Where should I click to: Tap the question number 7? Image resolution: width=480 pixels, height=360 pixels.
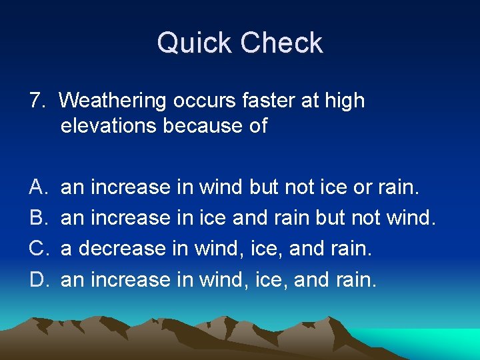pos(37,101)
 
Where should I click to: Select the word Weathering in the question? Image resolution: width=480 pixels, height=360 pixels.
pos(112,101)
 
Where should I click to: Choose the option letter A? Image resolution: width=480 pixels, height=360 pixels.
pos(37,187)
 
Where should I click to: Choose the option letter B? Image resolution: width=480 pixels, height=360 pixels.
pos(37,218)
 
